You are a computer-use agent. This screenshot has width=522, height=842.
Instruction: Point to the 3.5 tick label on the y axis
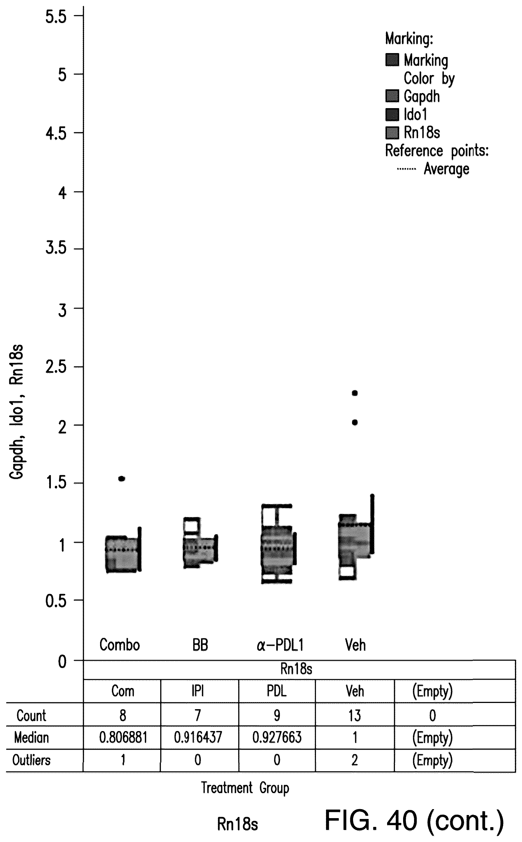coord(56,248)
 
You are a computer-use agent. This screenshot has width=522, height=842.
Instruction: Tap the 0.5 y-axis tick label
coord(56,601)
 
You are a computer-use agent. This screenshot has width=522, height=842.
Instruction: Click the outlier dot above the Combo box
coord(121,478)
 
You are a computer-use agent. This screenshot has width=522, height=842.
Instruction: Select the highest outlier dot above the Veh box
coord(354,393)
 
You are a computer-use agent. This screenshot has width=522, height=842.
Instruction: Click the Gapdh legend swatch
coord(392,96)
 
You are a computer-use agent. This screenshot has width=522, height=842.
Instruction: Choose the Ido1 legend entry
coord(415,115)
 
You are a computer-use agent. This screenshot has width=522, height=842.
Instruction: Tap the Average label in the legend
coord(446,169)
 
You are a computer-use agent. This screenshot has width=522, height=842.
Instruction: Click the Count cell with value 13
coord(354,715)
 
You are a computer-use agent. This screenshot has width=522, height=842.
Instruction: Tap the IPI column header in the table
coord(198,691)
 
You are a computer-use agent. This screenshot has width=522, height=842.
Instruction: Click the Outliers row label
coord(31,760)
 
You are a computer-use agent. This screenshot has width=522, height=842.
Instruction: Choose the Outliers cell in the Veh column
coord(354,760)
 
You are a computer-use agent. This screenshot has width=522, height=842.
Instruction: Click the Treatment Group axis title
coord(245,788)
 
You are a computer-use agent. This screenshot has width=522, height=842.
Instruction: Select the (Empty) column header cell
coord(432,691)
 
